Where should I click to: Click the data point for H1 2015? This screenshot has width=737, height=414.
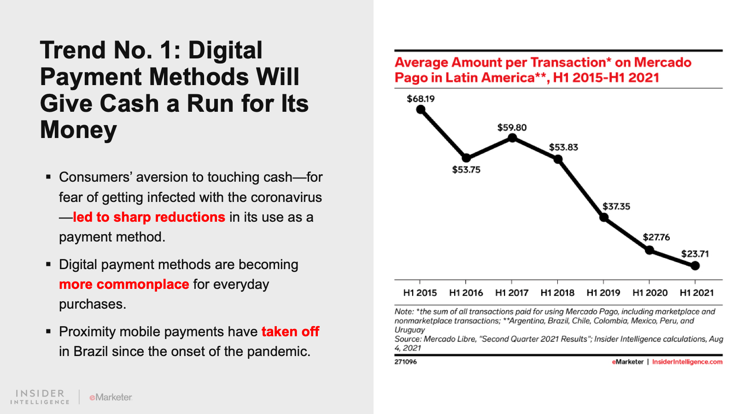tap(420, 109)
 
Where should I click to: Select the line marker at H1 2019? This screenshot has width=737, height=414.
tap(603, 218)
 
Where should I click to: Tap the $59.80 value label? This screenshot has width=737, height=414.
tap(512, 127)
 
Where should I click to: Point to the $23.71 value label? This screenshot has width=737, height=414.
tap(695, 254)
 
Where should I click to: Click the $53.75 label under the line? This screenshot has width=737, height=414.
tap(466, 170)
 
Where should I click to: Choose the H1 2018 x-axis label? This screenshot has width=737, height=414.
tap(557, 293)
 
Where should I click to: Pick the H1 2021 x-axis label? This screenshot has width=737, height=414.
tap(696, 293)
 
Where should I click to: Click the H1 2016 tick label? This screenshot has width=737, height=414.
tap(466, 293)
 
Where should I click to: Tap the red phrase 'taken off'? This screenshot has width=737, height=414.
tap(290, 332)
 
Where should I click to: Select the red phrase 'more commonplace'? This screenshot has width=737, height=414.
tap(124, 284)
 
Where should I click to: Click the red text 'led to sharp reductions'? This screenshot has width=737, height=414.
tap(149, 217)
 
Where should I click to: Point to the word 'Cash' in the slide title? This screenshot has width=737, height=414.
tap(129, 103)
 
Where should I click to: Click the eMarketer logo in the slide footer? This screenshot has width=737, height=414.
tap(111, 397)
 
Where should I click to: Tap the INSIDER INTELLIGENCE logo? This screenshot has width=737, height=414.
tap(40, 397)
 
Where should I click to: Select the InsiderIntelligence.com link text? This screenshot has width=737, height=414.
tap(687, 362)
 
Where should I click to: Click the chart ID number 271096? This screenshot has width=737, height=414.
tap(405, 362)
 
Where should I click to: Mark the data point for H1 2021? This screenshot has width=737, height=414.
tap(695, 266)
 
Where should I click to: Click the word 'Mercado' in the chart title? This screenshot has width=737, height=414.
tap(662, 63)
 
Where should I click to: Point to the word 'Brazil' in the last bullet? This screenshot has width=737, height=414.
tap(91, 351)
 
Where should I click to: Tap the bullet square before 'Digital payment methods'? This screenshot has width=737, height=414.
tap(48, 264)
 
